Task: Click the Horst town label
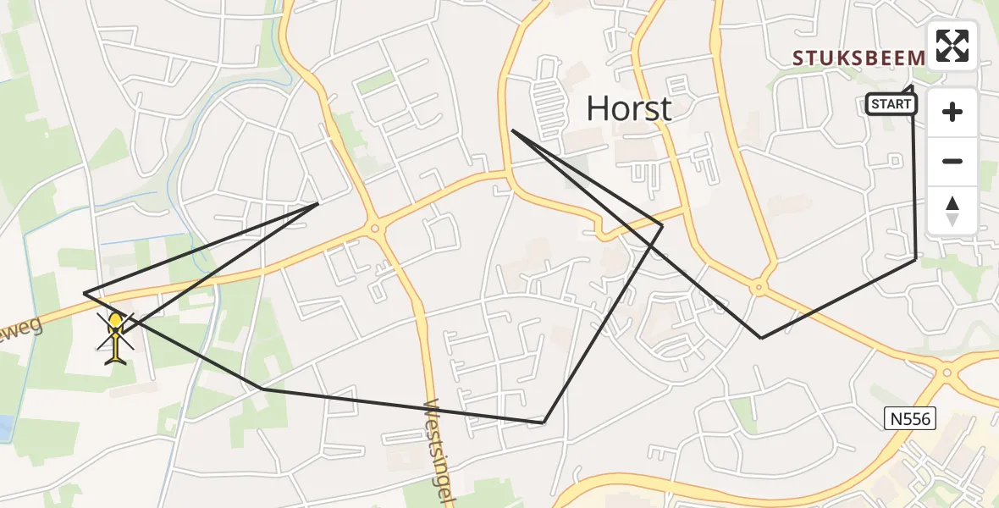coord(629,108)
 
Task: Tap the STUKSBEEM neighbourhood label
coord(858,58)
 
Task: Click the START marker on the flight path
coord(891,104)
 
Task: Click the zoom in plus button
coord(952,112)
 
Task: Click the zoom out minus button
coord(952,161)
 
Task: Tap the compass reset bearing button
coord(952,210)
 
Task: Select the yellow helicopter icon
coord(116,337)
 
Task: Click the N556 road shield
coord(907,417)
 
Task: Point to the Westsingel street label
coord(442,450)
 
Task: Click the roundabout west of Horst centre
coord(374,227)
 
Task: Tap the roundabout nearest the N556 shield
coord(947,372)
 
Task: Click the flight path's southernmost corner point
coord(544,422)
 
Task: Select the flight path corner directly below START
coord(915,259)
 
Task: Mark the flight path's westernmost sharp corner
coord(85,293)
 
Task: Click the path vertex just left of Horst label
coord(513,130)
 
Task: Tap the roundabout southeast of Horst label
coord(758,289)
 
